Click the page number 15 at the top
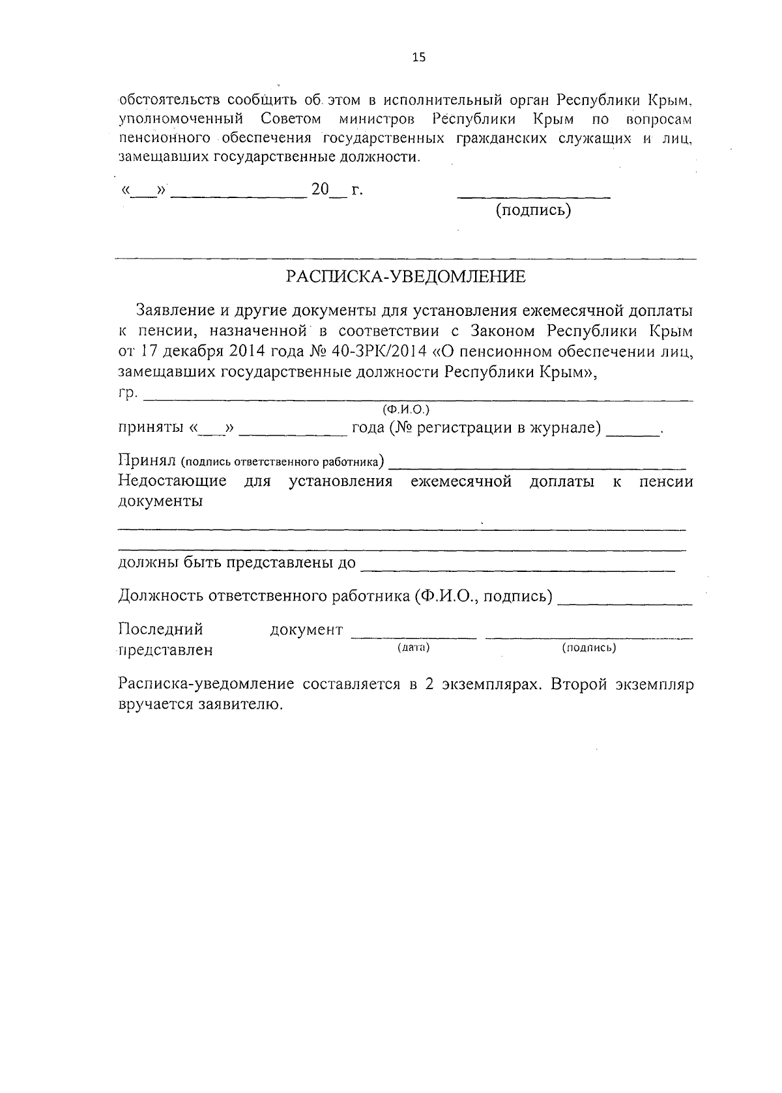418,57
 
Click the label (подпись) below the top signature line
533,210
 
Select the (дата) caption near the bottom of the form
413,647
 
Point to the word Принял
147,461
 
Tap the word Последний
160,629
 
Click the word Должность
157,596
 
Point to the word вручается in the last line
151,705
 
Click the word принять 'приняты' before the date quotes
150,429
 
